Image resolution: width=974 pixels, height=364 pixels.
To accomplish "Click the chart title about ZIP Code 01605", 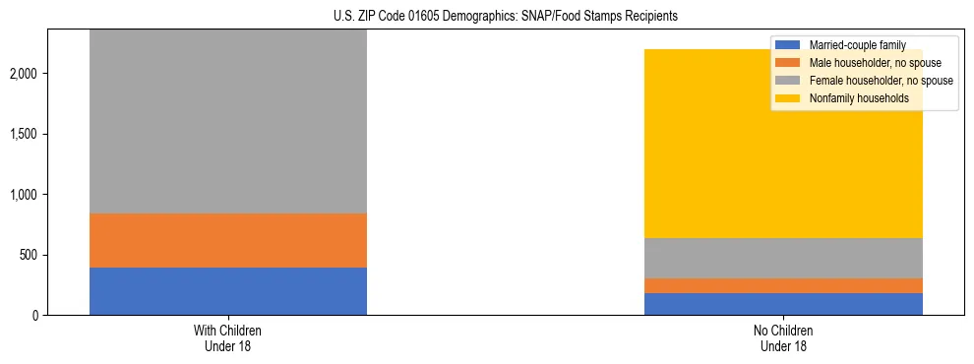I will (486, 17).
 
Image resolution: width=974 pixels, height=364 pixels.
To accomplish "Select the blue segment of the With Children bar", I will (228, 291).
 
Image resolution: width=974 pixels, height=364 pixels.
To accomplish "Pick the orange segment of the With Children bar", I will (228, 240).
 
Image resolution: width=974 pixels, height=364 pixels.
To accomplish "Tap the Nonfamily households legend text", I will (859, 98).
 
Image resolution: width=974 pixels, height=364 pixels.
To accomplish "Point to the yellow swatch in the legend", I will (788, 98).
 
